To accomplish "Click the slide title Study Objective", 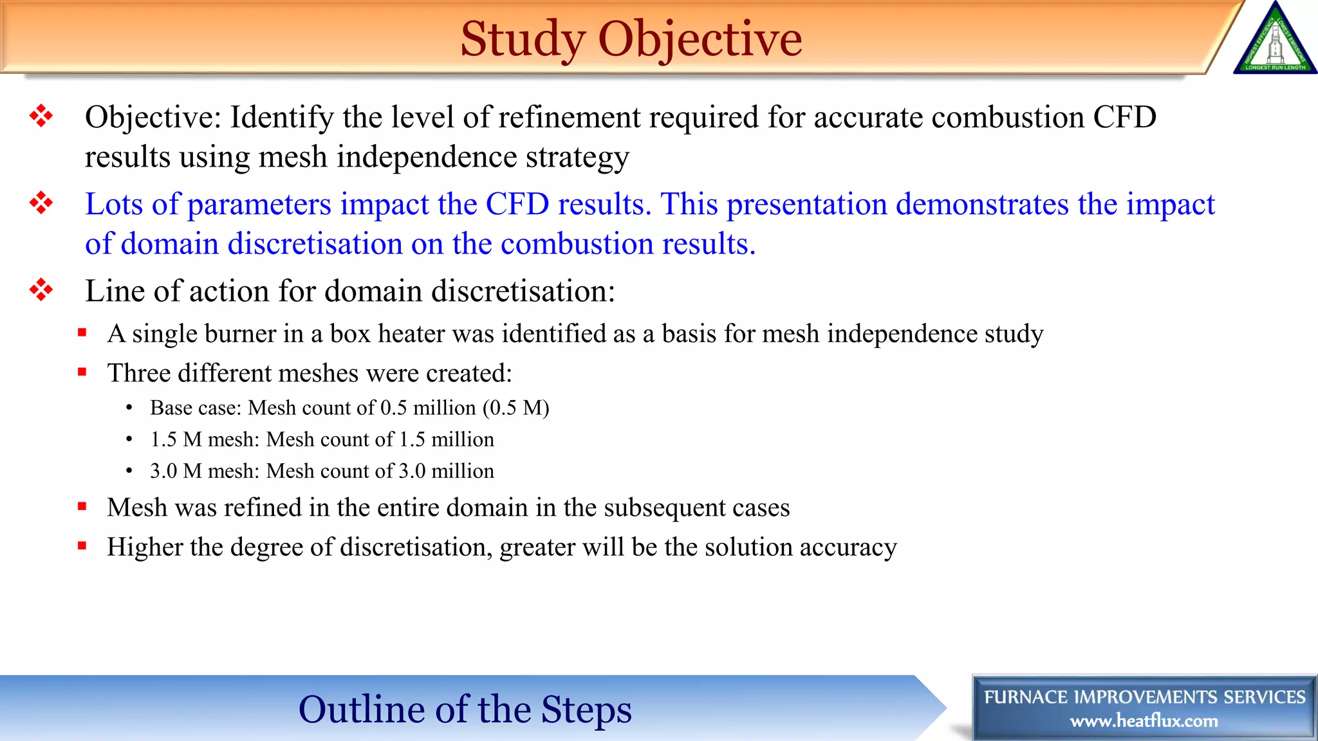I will (631, 39).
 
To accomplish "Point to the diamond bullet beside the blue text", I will (41, 203).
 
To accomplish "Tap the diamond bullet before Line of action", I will (41, 290).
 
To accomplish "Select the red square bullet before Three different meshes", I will (82, 372).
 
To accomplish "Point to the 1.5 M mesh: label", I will (204, 439).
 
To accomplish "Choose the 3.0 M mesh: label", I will (204, 471).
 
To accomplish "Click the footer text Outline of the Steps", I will (465, 709).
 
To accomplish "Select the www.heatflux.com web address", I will (1144, 721).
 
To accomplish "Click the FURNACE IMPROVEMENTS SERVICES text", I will (1144, 697).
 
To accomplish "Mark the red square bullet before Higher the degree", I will (82, 546).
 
